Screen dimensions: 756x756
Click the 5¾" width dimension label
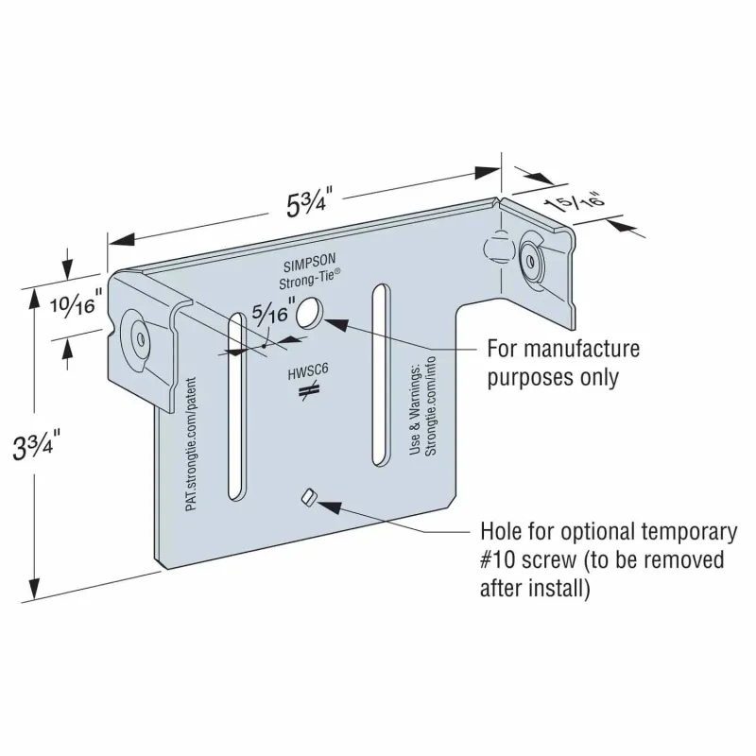pos(307,202)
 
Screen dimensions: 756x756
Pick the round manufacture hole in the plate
pos(310,313)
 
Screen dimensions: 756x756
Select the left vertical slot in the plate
pos(237,406)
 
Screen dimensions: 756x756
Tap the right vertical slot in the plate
pos(381,375)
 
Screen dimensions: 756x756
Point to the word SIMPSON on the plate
pos(309,263)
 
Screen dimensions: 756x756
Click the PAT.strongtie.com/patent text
pos(192,444)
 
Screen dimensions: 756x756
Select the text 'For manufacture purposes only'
pos(563,363)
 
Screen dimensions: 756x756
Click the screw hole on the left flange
pos(141,339)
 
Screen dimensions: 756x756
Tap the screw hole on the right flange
pos(530,262)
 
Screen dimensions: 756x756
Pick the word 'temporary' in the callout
pos(690,532)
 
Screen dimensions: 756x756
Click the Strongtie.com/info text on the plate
pos(431,406)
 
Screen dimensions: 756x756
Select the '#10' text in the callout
pos(498,560)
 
